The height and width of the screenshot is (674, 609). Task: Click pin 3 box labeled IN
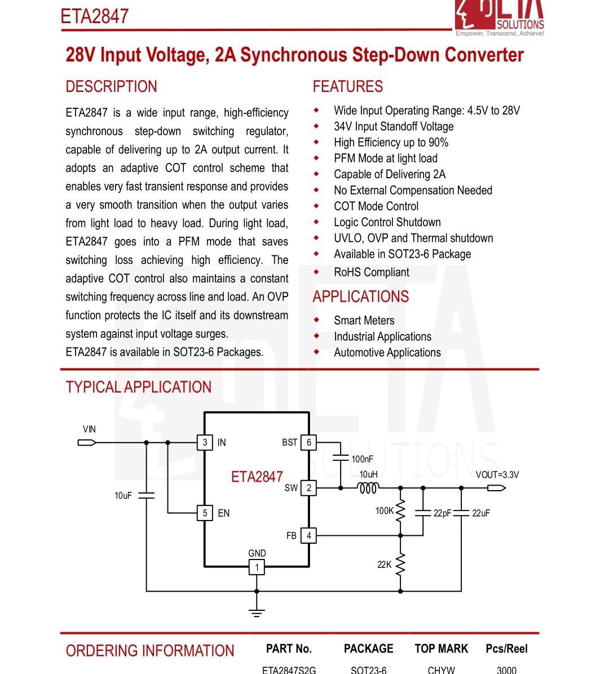click(x=205, y=443)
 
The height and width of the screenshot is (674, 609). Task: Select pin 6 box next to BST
click(x=308, y=443)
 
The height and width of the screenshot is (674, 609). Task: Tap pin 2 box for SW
click(x=308, y=488)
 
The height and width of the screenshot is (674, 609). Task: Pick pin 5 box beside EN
click(x=205, y=513)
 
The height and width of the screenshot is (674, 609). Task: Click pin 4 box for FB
click(x=308, y=536)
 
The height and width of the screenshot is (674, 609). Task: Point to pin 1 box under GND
click(x=257, y=567)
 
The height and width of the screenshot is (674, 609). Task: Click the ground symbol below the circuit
click(x=257, y=612)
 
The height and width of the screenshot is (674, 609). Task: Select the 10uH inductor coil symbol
click(x=369, y=488)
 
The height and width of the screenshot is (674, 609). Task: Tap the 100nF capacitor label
click(x=362, y=459)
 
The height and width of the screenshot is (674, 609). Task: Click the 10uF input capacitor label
click(x=123, y=496)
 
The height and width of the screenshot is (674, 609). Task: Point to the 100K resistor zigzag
click(x=400, y=511)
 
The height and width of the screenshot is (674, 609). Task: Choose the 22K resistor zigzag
click(x=400, y=564)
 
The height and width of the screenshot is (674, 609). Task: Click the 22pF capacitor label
click(x=442, y=513)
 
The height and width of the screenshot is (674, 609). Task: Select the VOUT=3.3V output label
click(x=497, y=475)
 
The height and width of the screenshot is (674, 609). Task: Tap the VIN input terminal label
click(x=89, y=429)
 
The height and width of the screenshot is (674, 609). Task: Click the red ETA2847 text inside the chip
click(x=257, y=477)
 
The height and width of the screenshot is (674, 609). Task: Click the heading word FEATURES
click(x=348, y=87)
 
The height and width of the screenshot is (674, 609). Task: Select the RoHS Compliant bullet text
click(x=372, y=272)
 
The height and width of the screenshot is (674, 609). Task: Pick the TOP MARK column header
click(x=441, y=649)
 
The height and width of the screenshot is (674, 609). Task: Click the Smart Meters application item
click(x=364, y=320)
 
